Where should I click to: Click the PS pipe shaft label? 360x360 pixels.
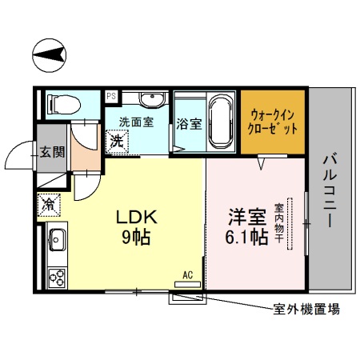[x=110, y=95]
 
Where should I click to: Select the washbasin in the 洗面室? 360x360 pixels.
[x=150, y=99]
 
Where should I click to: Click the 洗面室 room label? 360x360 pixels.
[x=135, y=122]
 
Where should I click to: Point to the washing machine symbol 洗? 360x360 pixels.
[x=117, y=141]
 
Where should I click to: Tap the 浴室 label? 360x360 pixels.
[x=189, y=124]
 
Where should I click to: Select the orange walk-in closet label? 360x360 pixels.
[x=274, y=122]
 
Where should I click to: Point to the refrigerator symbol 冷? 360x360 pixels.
[x=50, y=203]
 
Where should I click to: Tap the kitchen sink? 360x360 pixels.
[x=58, y=238]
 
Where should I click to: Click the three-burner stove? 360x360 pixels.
[x=58, y=278]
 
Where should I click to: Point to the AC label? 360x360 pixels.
[x=189, y=274]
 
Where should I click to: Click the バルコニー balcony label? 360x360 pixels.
[x=329, y=191]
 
